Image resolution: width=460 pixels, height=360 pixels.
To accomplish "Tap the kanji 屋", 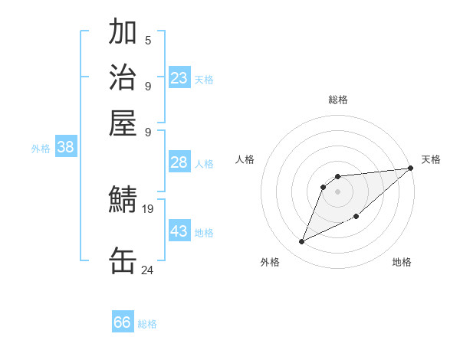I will coord(123,122).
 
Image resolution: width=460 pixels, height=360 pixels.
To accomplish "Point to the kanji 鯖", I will coord(123,200).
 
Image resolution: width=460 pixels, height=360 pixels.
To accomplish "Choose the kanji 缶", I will coord(123,260).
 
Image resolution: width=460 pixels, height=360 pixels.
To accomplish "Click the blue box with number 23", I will coord(179,78).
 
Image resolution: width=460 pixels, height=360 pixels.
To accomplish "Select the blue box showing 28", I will coord(179,162).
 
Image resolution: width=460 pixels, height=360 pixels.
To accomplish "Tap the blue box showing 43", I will coord(179,231).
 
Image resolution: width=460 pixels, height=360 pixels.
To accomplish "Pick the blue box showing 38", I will coord(65,148).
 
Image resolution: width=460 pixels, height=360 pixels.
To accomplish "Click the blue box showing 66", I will coord(123,322).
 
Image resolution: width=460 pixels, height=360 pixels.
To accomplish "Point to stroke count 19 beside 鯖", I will coord(148,208).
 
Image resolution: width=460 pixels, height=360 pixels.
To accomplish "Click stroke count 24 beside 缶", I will coord(148,270).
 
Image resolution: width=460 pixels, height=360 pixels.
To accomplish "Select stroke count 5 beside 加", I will coord(148,41).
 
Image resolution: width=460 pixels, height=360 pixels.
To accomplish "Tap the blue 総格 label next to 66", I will coord(148,324).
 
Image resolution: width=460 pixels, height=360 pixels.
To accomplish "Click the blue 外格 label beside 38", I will coord(41,149).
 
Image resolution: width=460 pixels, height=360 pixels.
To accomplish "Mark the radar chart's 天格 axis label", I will coord(431,159).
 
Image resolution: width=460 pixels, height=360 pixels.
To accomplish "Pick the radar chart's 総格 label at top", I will coord(338,100).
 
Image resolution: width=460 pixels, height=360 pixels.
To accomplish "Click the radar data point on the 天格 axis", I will coord(410,169).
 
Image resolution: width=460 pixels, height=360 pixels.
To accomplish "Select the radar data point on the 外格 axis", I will coord(302,242).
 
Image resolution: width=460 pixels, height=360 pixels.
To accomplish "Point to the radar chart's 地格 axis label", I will coord(402,262).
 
